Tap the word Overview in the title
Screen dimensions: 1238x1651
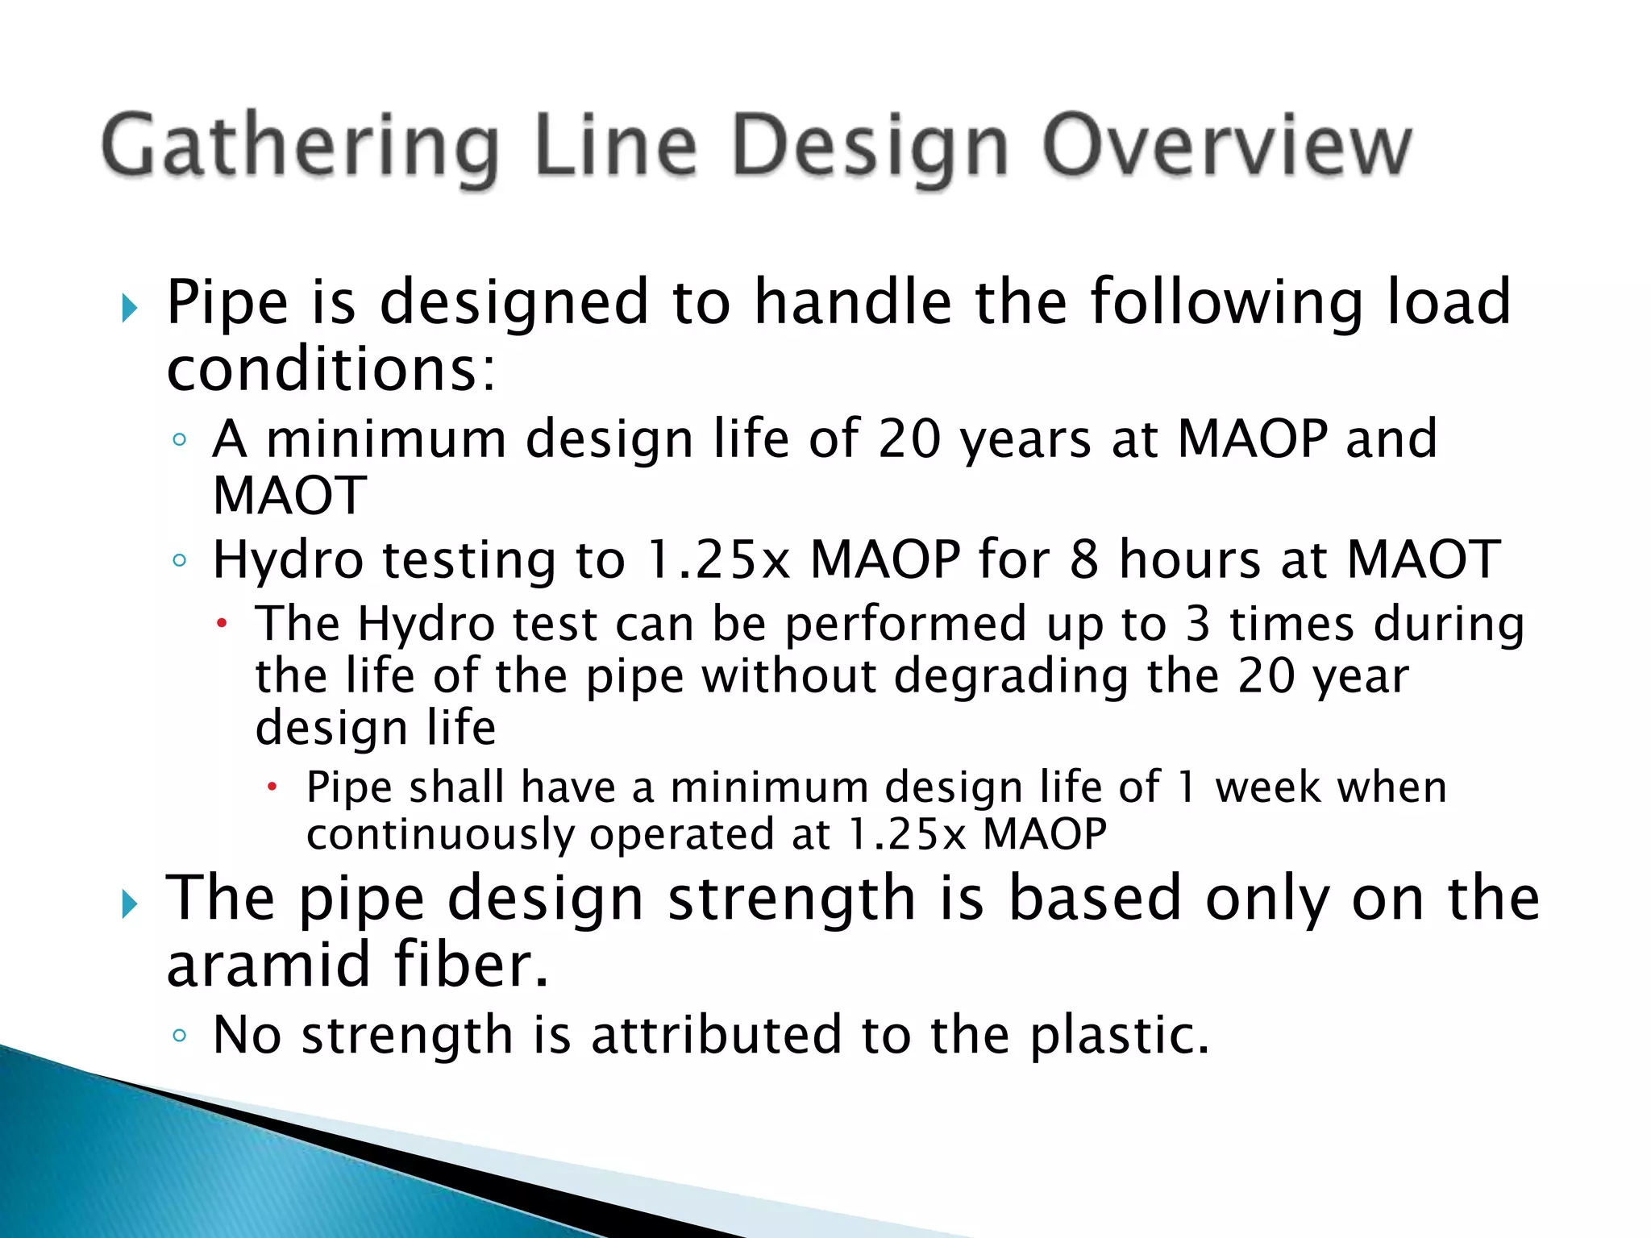(1226, 147)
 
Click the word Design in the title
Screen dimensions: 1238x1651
(870, 147)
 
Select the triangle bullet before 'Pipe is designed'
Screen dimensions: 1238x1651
(130, 307)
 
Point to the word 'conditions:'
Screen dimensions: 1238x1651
(331, 371)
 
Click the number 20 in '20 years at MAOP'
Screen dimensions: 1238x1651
(909, 439)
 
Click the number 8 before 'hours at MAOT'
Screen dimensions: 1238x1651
(1083, 559)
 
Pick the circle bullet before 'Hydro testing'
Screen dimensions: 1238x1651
(179, 559)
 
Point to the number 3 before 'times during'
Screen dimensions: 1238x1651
(1198, 625)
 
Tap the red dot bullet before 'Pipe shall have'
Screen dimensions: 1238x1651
(272, 786)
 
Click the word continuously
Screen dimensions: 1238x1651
(440, 834)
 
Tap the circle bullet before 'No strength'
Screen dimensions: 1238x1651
(179, 1035)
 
